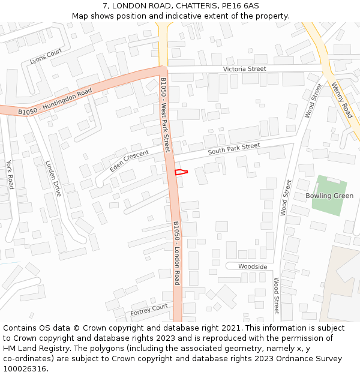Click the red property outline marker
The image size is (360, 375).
pos(181,173)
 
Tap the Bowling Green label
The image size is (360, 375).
pos(329,196)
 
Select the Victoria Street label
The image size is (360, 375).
pos(244,69)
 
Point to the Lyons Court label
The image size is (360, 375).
pos(46,56)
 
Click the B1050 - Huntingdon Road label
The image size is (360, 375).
pos(55,101)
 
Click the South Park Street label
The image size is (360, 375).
pos(234,149)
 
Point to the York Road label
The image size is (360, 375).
pos(10,175)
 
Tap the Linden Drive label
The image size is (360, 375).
pos(54,178)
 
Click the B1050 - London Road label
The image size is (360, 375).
pos(176,253)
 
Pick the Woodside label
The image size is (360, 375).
pos(253,266)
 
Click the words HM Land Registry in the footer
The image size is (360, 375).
pos(35,349)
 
